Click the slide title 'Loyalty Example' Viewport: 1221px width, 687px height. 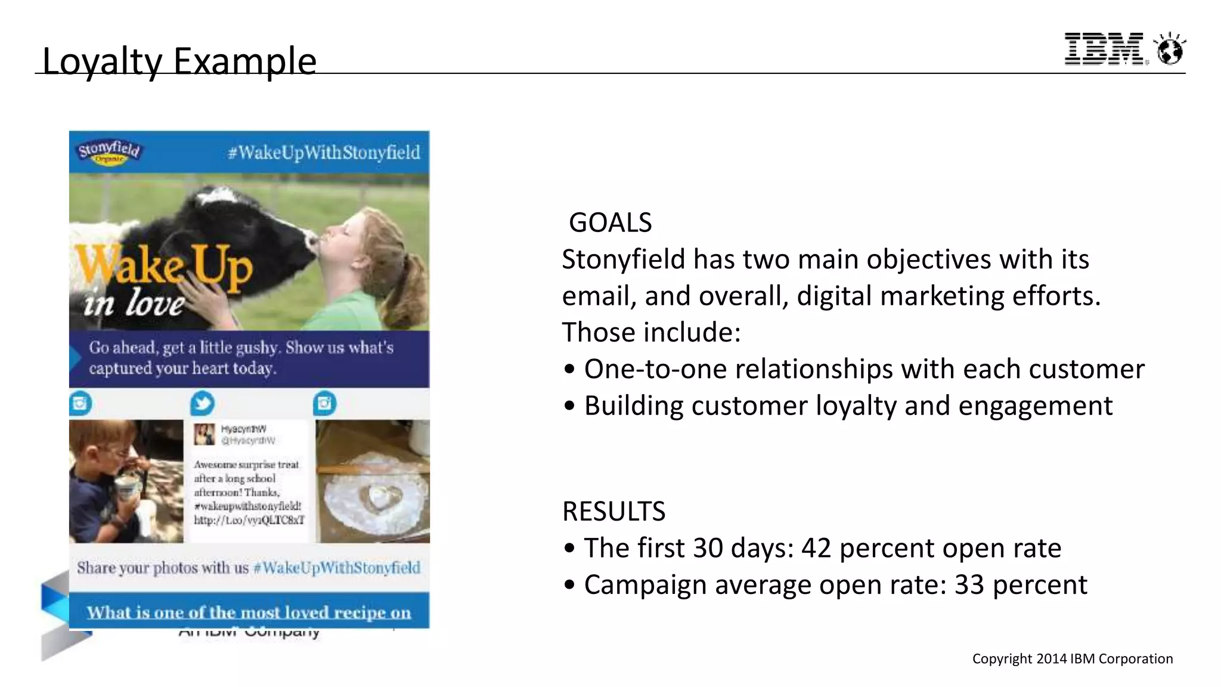179,61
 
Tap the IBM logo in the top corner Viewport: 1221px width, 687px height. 1104,49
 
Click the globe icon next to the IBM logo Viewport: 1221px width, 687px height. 1170,49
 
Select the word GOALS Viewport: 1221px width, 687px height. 610,222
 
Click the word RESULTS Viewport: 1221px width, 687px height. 613,511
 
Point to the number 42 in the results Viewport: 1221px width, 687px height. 816,548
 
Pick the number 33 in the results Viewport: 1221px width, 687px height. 969,585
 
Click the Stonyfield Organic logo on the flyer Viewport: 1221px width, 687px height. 109,151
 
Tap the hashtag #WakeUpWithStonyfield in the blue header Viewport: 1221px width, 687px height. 324,153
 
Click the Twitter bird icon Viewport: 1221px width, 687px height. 203,404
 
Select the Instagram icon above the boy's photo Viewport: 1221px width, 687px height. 80,404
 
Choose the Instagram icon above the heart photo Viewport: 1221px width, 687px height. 324,404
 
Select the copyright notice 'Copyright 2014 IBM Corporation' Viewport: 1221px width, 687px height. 1072,658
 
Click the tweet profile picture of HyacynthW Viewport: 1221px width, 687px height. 204,435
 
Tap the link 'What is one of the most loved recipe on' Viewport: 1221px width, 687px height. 249,612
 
